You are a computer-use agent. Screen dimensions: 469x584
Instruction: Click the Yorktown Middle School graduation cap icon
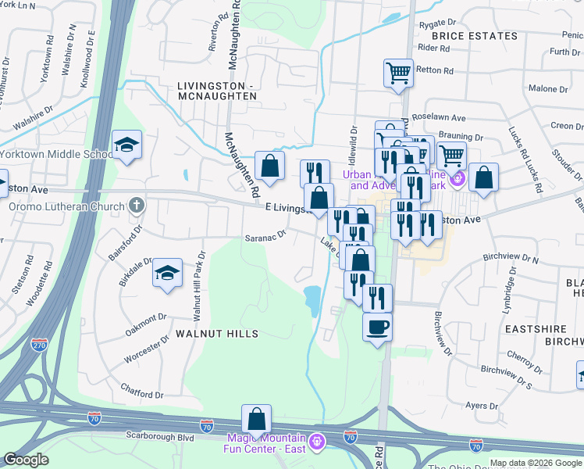point(126,145)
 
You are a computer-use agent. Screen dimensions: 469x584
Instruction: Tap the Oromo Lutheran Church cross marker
point(137,206)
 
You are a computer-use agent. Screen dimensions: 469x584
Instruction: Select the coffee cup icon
point(378,325)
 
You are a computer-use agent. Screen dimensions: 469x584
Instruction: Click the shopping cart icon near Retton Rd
point(398,73)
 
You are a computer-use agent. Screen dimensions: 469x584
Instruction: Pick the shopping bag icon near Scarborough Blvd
point(256,420)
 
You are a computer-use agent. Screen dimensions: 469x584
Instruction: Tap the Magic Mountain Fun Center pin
point(316,442)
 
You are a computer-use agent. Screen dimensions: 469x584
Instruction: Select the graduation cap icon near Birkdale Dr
point(167,273)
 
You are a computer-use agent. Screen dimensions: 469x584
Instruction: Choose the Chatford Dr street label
point(142,390)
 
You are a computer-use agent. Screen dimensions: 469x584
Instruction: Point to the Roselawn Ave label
point(439,118)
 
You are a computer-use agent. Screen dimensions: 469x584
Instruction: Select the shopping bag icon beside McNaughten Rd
point(269,166)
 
